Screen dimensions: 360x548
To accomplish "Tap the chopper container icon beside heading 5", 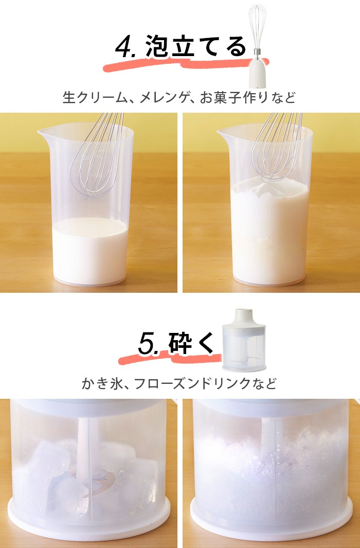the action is (x=244, y=340).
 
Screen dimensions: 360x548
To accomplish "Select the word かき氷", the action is (x=99, y=383).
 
